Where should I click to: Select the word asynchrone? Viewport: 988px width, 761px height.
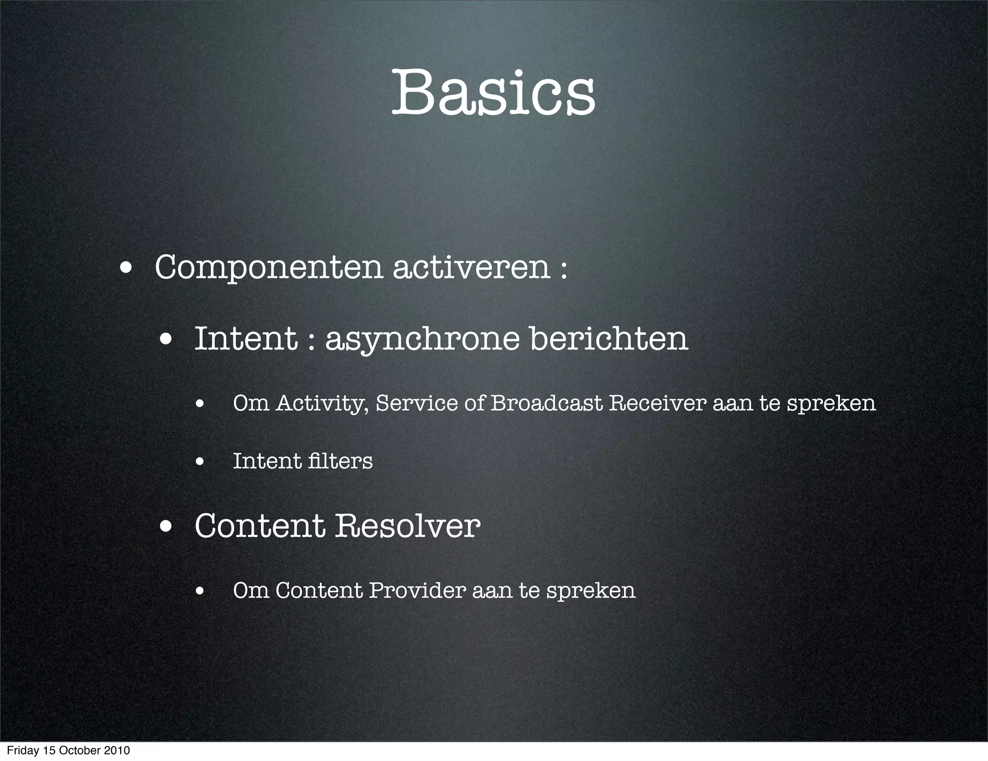422,339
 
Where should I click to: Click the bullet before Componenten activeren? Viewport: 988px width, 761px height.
127,268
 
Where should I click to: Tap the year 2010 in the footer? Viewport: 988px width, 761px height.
116,751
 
